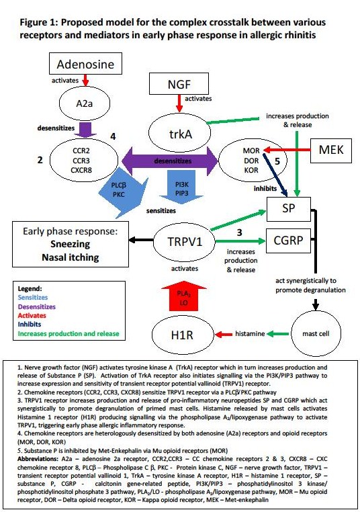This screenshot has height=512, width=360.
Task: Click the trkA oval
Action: click(181, 133)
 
